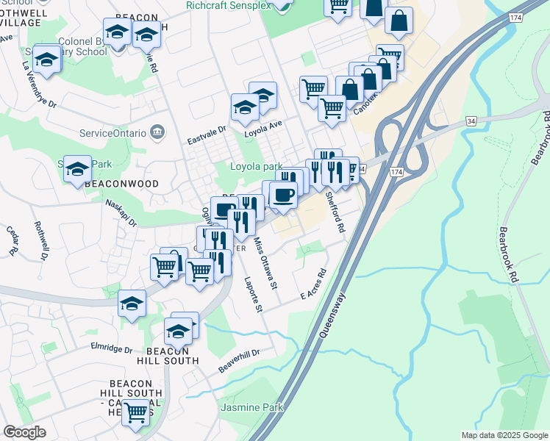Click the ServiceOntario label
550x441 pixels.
[x=113, y=132]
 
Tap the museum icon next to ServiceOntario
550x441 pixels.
[x=157, y=132]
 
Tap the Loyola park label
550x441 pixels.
[x=253, y=166]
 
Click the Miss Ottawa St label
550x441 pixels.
[x=265, y=262]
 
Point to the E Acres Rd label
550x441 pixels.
[x=312, y=287]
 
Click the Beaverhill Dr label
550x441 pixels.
[x=239, y=359]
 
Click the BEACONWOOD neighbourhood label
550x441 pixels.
[x=111, y=182]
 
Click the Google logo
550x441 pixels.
[x=24, y=432]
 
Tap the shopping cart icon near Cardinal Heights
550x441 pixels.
[x=136, y=413]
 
